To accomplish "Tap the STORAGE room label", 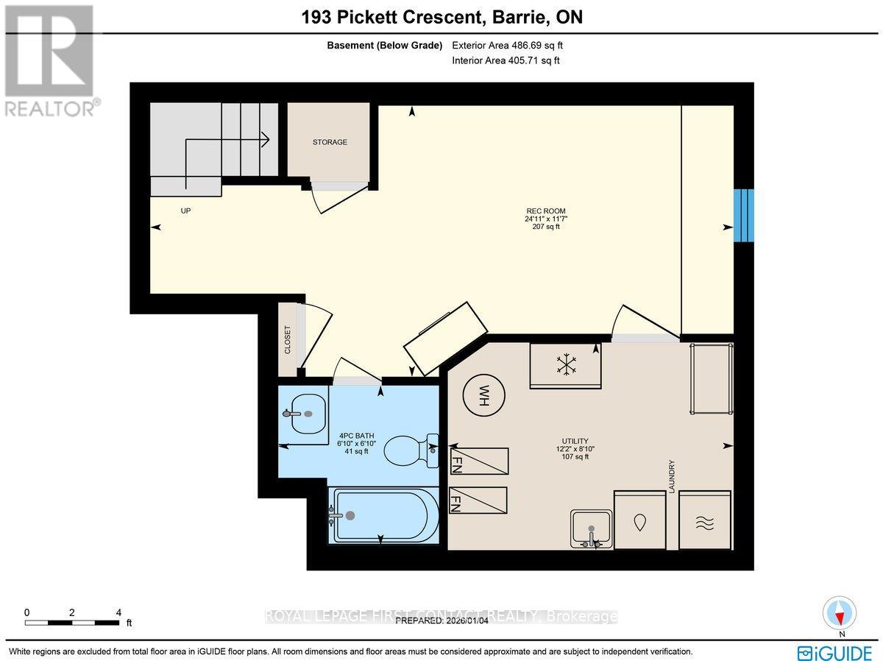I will (x=330, y=142).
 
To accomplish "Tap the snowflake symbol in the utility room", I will (x=565, y=364).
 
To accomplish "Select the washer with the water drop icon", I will (x=640, y=520).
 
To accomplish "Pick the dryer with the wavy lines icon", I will (x=705, y=520).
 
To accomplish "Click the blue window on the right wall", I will (x=743, y=215).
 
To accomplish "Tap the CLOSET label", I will (x=288, y=339).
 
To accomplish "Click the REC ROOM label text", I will (x=546, y=211).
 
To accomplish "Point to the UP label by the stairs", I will (x=185, y=211).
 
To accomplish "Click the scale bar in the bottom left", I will (x=72, y=622).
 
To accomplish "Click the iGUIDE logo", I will (x=835, y=652).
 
